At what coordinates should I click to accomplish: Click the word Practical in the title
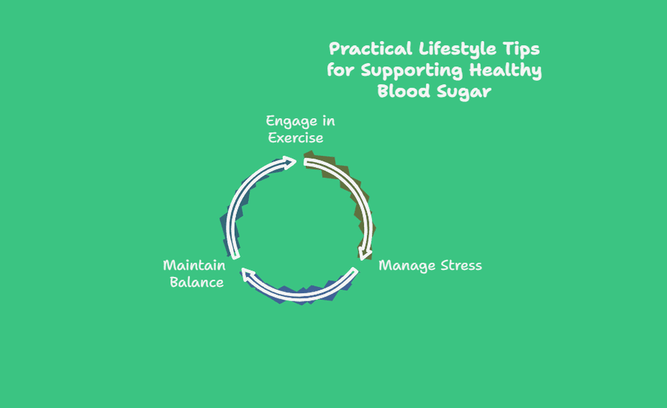(371, 49)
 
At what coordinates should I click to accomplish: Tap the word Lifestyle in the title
(457, 49)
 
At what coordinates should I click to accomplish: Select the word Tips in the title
(521, 49)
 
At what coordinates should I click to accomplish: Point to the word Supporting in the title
(411, 71)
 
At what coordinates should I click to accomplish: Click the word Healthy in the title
(505, 71)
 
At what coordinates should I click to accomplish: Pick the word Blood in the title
(404, 91)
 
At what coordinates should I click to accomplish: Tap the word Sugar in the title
(464, 92)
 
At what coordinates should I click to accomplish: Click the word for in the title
(340, 70)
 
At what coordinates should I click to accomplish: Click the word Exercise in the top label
(296, 138)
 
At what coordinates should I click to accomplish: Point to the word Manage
(407, 266)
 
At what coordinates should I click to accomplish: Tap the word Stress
(461, 265)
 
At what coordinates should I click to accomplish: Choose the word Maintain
(195, 265)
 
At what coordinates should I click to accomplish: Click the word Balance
(196, 282)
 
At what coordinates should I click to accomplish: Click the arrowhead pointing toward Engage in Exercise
(290, 163)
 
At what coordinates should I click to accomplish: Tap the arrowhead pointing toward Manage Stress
(365, 254)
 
